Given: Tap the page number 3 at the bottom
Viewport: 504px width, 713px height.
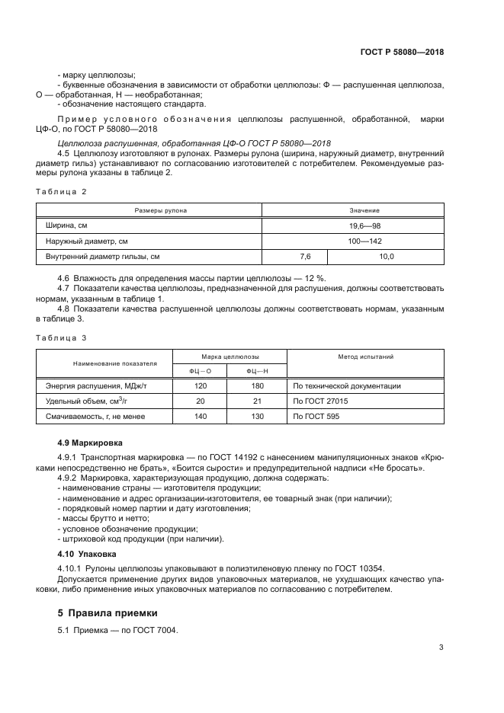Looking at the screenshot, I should click(x=441, y=647).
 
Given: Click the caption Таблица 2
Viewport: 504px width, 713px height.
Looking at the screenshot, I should click(x=62, y=191).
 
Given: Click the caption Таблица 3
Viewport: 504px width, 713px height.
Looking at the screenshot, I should click(x=62, y=337).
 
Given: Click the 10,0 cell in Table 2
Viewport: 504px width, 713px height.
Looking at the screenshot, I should click(x=387, y=257).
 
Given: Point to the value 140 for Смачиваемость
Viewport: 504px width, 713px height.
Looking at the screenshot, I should click(x=201, y=417).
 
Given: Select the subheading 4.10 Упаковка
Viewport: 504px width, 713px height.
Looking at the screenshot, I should click(x=82, y=554).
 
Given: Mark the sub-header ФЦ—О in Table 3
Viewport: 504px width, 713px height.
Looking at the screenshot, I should click(x=201, y=371).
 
